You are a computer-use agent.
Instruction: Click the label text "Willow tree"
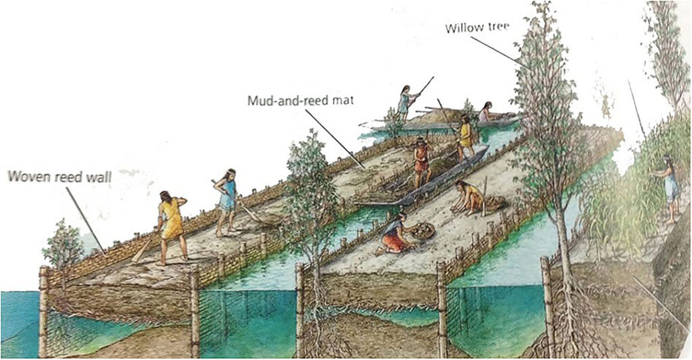click(477, 27)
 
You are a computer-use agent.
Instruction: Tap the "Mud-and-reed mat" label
click(301, 101)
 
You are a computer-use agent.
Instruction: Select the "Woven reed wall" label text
click(59, 177)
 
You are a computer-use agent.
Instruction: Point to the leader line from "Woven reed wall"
click(86, 220)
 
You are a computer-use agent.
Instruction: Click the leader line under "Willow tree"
click(499, 51)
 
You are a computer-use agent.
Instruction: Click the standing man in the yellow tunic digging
click(171, 227)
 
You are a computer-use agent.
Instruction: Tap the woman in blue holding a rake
click(227, 202)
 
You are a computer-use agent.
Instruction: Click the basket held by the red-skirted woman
click(422, 230)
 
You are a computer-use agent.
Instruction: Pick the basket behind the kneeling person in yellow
click(494, 203)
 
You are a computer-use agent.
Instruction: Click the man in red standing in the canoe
click(422, 161)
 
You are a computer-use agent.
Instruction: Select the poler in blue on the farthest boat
click(405, 103)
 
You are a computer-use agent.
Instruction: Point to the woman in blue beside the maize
click(670, 188)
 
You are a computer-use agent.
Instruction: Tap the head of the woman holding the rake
click(230, 174)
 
